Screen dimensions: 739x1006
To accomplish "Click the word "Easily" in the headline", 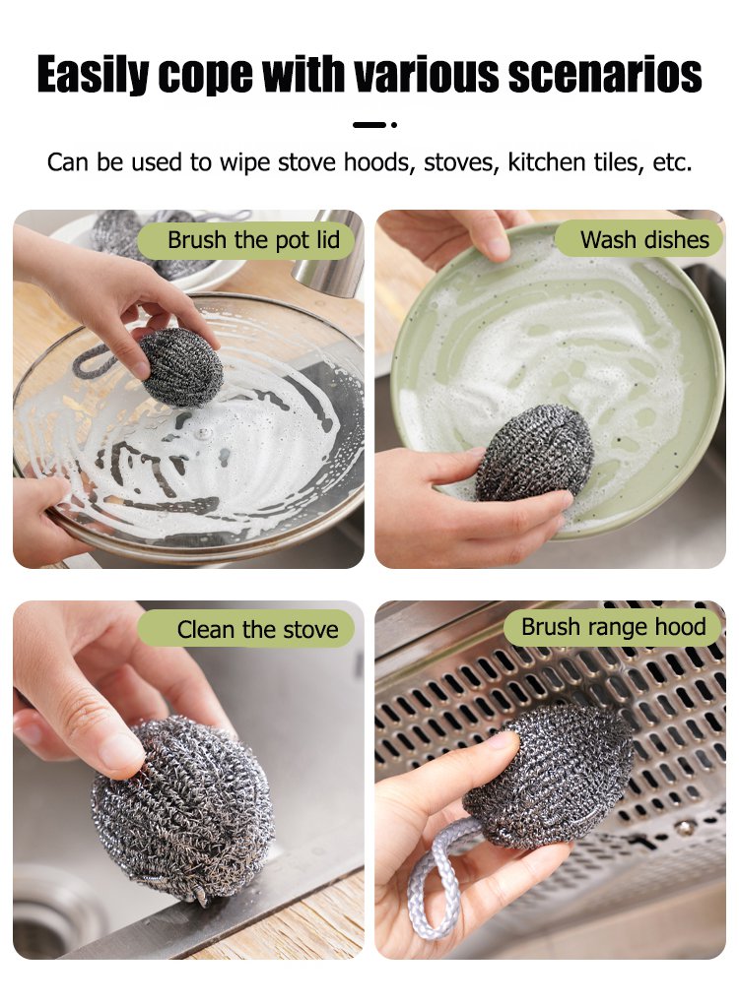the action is [x=93, y=75].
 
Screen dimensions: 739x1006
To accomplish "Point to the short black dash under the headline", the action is [x=369, y=124].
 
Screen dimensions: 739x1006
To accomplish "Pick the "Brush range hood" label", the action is [x=613, y=627].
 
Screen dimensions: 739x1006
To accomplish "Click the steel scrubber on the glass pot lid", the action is [x=181, y=367].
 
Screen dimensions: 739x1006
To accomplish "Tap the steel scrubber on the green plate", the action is [x=535, y=453].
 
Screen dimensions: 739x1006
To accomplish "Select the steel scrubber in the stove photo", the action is [x=183, y=810].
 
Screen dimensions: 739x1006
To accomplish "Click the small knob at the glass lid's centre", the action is [x=204, y=434].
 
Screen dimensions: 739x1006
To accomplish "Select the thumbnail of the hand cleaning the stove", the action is [x=188, y=780].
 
